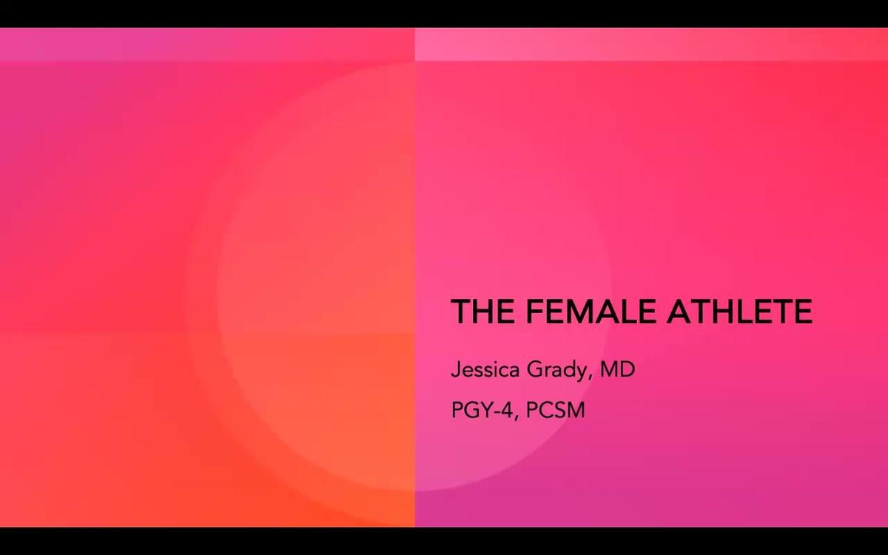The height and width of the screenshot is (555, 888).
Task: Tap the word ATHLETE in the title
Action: [x=739, y=312]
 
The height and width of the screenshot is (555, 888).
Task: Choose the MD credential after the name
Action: [x=617, y=369]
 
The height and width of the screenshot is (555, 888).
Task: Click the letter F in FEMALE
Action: [x=536, y=312]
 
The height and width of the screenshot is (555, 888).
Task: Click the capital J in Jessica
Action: [x=455, y=369]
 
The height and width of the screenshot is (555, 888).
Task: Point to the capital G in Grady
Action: [x=534, y=369]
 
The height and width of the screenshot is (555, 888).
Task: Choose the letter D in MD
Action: [x=627, y=369]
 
